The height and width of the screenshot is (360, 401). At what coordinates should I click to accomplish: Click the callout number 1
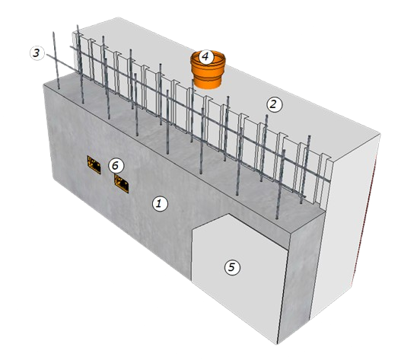[160, 204]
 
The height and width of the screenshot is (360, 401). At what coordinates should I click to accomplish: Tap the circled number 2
[274, 104]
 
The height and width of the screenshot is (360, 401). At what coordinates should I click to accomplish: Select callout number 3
[37, 53]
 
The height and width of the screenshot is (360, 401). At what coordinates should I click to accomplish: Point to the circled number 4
[206, 56]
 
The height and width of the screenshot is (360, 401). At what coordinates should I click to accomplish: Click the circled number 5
[232, 268]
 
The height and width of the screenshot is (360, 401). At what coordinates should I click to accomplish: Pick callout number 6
[116, 166]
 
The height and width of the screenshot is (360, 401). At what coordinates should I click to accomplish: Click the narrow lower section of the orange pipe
[208, 81]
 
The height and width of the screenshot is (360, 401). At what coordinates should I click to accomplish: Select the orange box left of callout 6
[94, 164]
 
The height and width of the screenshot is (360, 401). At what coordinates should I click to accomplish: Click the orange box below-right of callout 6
[121, 183]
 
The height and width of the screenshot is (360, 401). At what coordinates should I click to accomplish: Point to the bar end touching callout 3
[47, 55]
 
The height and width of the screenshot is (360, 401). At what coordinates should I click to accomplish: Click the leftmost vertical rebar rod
[56, 60]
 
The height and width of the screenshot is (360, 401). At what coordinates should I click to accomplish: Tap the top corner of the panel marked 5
[229, 214]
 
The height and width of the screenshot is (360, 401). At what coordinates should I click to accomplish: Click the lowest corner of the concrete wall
[278, 344]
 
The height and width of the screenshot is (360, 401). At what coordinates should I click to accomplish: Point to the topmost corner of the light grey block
[118, 18]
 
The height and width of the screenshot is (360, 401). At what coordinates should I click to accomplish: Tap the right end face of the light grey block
[345, 225]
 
